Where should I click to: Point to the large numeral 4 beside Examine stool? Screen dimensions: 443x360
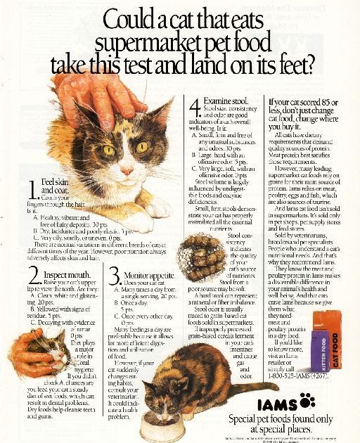coord(195,108)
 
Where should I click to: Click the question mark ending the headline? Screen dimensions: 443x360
coord(306,65)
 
